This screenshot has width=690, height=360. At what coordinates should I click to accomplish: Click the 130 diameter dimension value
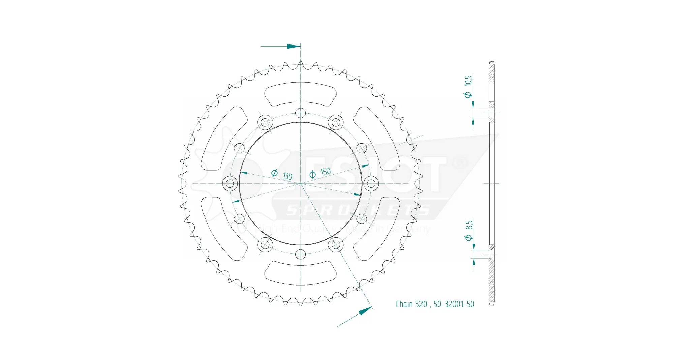click(287, 176)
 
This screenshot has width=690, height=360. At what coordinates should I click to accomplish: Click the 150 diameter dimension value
click(325, 172)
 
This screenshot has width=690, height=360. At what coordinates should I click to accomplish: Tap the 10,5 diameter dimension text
click(468, 81)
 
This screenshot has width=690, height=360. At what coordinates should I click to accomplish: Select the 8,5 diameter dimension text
click(469, 225)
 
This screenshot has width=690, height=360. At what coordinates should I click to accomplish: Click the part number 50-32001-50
click(453, 304)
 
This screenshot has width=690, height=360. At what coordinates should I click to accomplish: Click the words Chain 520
click(411, 304)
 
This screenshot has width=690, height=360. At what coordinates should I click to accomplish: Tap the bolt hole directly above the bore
click(300, 113)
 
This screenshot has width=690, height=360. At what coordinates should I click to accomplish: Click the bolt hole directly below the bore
click(300, 254)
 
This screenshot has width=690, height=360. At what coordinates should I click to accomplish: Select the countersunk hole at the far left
click(230, 184)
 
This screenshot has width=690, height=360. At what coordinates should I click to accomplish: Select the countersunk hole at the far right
click(371, 184)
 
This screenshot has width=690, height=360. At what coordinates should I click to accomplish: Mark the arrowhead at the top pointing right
click(293, 46)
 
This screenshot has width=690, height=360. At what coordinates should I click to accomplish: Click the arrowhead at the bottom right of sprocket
click(365, 311)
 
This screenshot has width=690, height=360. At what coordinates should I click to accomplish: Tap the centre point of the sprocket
click(300, 184)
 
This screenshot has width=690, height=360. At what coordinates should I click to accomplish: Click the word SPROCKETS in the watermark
click(357, 211)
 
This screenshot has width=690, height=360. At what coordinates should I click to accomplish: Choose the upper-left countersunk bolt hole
click(265, 122)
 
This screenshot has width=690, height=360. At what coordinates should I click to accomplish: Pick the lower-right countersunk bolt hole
click(336, 245)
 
